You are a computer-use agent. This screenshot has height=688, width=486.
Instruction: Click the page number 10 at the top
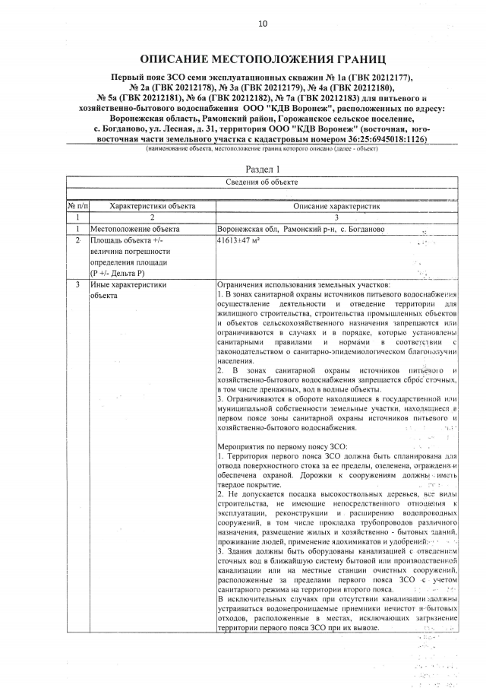263,24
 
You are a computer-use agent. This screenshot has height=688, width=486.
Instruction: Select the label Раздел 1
263,169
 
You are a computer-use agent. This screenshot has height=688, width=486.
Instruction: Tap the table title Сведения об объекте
263,182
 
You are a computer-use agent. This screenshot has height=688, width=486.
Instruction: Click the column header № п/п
77,206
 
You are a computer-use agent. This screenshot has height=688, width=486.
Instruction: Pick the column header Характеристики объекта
153,206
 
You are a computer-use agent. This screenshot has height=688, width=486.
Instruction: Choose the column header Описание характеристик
336,206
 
